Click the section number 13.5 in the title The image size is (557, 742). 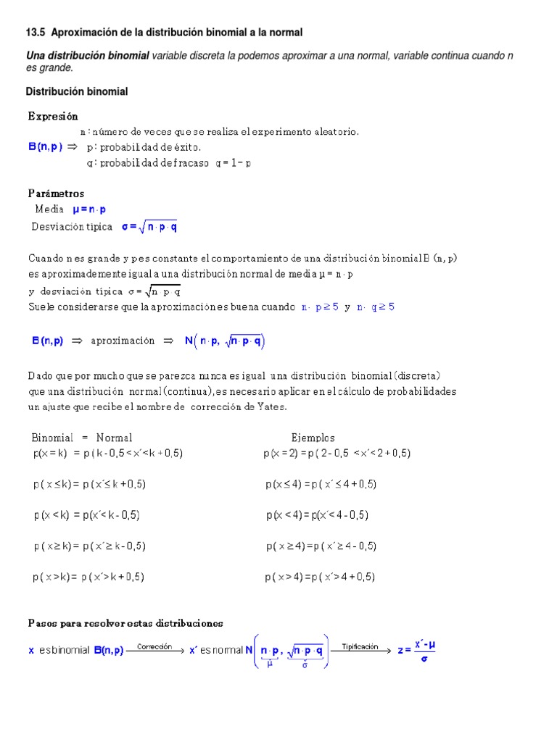[x=36, y=33]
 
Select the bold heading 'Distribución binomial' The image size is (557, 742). [x=77, y=91]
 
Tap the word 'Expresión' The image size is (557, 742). [x=53, y=116]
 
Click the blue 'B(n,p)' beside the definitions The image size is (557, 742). [x=46, y=146]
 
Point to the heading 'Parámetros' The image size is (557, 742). [x=56, y=193]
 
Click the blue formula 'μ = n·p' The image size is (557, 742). [x=89, y=209]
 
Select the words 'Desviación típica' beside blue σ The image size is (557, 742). [x=72, y=227]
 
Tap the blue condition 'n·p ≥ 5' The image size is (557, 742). [x=320, y=307]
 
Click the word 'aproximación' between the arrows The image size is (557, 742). [x=123, y=341]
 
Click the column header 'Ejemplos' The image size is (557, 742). [x=313, y=438]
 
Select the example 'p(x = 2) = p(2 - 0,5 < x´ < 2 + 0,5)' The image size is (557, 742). [x=337, y=453]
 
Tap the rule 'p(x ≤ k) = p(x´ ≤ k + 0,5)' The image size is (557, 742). [x=94, y=484]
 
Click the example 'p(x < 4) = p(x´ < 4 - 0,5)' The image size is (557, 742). [x=318, y=515]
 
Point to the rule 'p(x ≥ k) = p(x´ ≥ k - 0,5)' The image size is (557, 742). [x=94, y=546]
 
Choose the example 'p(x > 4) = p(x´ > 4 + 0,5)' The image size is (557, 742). [x=320, y=578]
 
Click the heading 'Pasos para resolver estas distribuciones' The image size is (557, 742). [x=125, y=623]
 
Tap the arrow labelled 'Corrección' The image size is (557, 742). [x=154, y=651]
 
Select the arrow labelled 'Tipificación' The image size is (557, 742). [x=360, y=651]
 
